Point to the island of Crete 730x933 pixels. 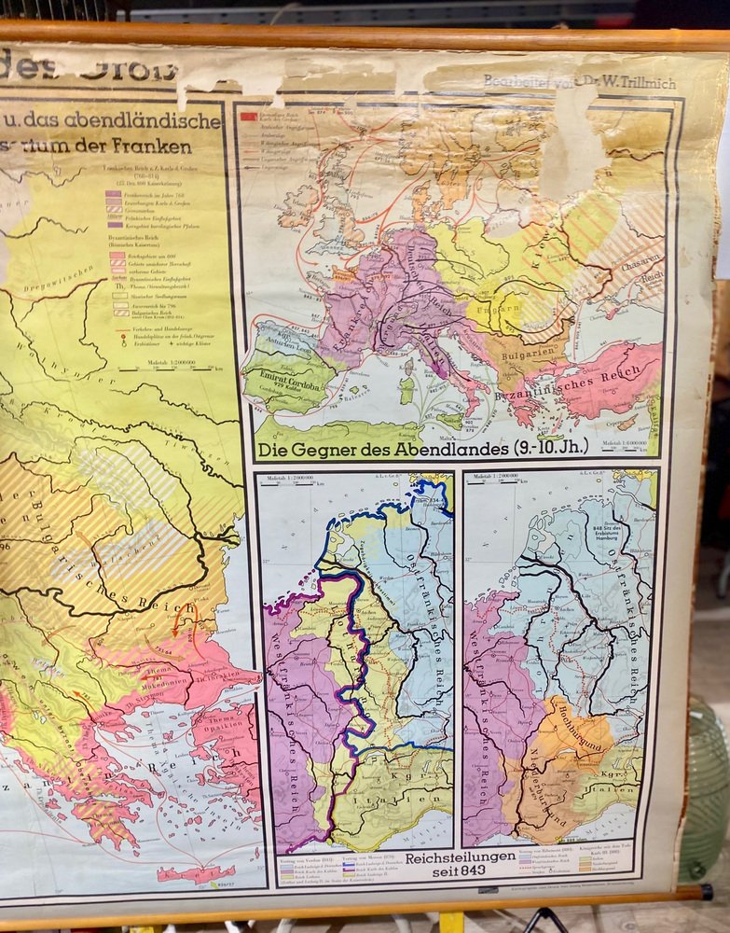click(x=197, y=873)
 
